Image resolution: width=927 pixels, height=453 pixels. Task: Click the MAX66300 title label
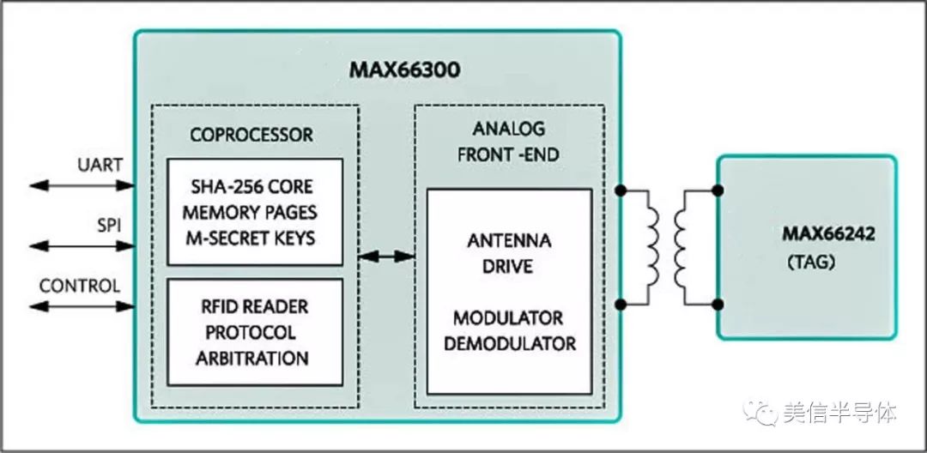pos(403,69)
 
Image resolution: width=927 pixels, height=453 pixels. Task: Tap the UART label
pos(100,164)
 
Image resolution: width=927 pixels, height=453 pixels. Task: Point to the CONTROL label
pos(80,286)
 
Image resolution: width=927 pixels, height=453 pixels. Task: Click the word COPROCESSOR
pos(251,136)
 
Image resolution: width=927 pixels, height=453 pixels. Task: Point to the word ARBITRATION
pos(252,358)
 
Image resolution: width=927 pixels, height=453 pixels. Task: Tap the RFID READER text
pos(252,306)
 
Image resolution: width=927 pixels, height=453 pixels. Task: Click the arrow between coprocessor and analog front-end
pos(387,256)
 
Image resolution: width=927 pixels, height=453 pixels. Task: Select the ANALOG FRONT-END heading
pos(509,142)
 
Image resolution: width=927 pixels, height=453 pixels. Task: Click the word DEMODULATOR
pos(510,345)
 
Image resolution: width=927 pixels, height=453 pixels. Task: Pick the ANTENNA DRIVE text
pos(509,253)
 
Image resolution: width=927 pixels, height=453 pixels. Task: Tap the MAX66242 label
pos(827,233)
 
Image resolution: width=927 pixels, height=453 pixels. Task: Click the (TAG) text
pos(810,263)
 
